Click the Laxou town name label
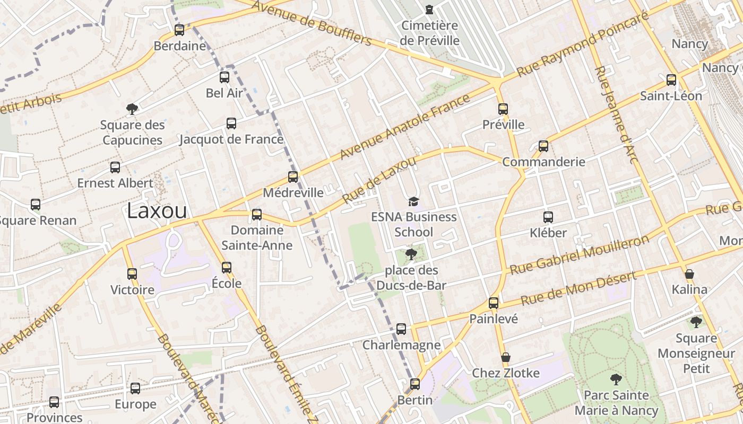coord(157,211)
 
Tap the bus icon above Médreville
coord(293,177)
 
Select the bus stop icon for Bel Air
coord(224,77)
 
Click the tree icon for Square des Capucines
coord(132,109)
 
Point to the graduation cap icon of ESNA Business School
coord(413,201)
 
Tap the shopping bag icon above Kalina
coord(689,274)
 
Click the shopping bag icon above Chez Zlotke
coord(506,357)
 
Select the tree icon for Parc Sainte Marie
coord(616,379)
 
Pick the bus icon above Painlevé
coord(494,303)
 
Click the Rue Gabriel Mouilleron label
coord(580,254)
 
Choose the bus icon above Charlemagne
coord(401,329)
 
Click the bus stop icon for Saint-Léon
coord(671,80)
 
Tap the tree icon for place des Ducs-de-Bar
coord(411,254)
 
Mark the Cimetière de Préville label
coord(430,33)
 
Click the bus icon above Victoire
coord(132,274)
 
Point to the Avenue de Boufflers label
coord(312,23)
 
